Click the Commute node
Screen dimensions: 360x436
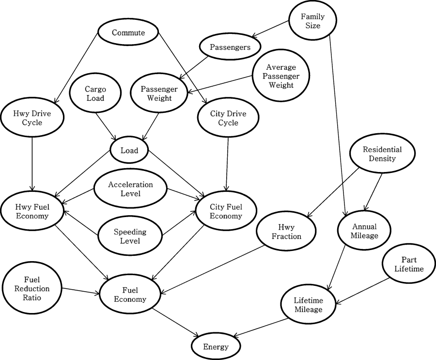pos(128,33)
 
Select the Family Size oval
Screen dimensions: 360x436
pos(312,21)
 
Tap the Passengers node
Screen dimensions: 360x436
pos(230,47)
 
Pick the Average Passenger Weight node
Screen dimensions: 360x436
pos(281,76)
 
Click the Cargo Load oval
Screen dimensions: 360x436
pos(95,94)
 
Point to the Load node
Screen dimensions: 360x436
pos(129,150)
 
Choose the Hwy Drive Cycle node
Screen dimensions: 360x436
pos(32,118)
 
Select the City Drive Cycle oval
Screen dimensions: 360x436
pos(228,118)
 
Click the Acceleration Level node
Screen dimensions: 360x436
pos(130,189)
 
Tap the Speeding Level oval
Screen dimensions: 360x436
pos(129,236)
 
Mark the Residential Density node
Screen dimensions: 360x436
pos(379,154)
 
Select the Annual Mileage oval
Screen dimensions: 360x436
pos(365,231)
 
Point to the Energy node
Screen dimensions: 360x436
pos(216,347)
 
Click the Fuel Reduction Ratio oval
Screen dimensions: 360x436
pos(32,288)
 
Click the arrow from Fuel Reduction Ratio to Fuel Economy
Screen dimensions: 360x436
pos(80,290)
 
